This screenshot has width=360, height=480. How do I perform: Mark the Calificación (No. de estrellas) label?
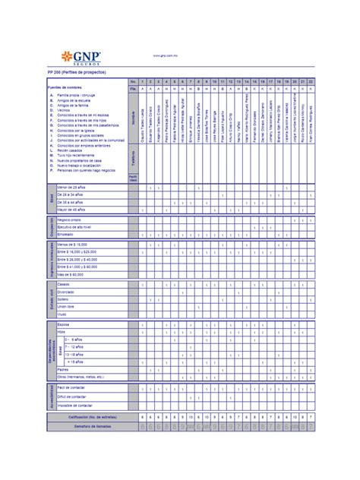(x=95, y=417)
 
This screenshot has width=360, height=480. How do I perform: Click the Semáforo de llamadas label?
(x=97, y=426)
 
